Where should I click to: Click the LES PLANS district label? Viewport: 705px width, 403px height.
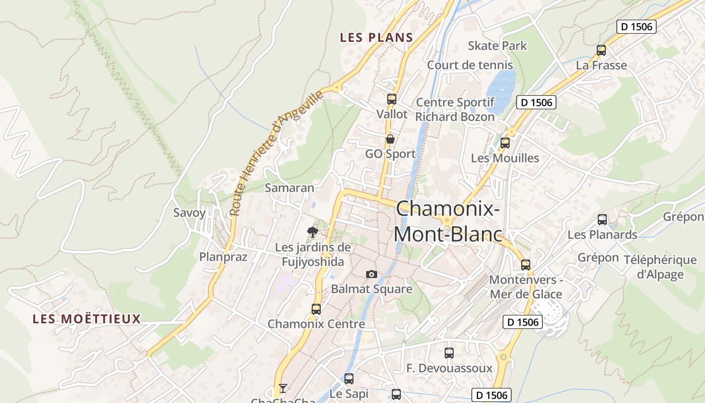(x=376, y=37)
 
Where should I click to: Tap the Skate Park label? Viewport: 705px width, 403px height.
(x=497, y=46)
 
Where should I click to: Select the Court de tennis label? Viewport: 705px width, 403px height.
(x=470, y=65)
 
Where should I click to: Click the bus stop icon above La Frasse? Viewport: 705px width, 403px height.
(x=601, y=50)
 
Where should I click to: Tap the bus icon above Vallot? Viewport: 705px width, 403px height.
(x=392, y=99)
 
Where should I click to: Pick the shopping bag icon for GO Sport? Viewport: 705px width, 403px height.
(x=390, y=139)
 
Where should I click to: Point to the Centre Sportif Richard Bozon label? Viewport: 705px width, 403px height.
(x=455, y=109)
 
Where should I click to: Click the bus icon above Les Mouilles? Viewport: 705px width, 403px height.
(x=505, y=143)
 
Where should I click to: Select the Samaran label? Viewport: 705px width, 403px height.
(x=290, y=188)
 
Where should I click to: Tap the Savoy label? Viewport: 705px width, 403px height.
(x=189, y=213)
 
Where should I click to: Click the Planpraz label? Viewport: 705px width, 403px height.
(x=223, y=257)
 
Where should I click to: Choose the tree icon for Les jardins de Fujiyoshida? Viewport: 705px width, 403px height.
(x=313, y=232)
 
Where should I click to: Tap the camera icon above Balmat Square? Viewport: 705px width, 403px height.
(x=372, y=274)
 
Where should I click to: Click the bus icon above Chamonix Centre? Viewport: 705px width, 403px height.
(x=316, y=309)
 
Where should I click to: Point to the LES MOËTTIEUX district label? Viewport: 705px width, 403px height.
(x=87, y=319)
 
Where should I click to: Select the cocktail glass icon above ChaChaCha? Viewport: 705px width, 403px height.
(x=283, y=388)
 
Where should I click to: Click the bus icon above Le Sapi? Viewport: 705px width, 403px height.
(x=349, y=379)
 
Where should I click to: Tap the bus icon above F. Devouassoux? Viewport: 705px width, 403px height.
(x=449, y=353)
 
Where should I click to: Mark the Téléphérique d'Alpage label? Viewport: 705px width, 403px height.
(x=660, y=267)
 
